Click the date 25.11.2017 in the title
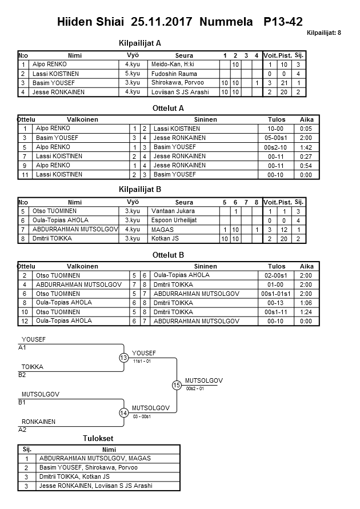[x=163, y=22]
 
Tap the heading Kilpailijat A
[x=139, y=43]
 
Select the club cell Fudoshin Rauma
[x=174, y=74]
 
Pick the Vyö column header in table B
[x=133, y=202]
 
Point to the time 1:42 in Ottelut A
[x=306, y=147]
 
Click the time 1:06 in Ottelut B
[x=306, y=302]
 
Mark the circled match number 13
[x=124, y=358]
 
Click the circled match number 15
[x=177, y=386]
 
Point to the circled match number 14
[x=124, y=413]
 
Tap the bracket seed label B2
[x=22, y=375]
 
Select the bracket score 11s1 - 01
[x=142, y=362]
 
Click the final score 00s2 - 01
[x=195, y=388]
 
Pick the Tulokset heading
[x=98, y=438]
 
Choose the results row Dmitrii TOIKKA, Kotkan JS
[x=74, y=476]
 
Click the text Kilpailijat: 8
[x=323, y=33]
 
